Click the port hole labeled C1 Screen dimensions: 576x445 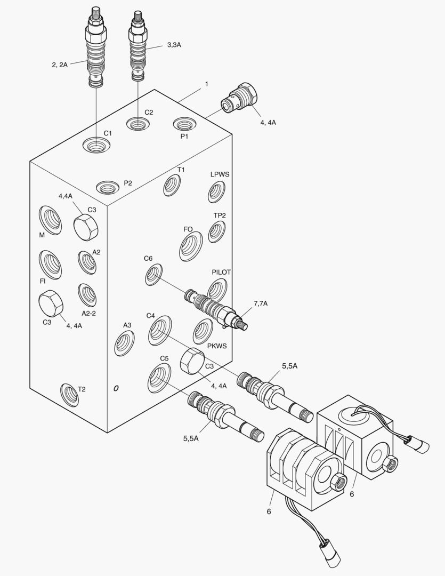click(96, 145)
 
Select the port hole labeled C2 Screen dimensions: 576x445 click(137, 124)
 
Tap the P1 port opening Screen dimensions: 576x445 click(184, 125)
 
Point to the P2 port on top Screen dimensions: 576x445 click(107, 187)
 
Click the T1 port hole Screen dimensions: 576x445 click(172, 185)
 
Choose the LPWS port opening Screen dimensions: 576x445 click(216, 191)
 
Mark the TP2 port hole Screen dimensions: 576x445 click(216, 231)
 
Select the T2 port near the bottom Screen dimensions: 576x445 click(69, 395)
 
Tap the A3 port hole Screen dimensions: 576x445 click(124, 343)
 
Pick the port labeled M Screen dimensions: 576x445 click(50, 219)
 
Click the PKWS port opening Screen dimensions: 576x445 click(203, 331)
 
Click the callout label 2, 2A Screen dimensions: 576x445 click(60, 65)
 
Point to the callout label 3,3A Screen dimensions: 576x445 click(174, 45)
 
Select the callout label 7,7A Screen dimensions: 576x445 click(261, 303)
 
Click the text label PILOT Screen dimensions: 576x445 click(221, 272)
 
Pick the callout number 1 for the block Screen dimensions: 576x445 click(206, 84)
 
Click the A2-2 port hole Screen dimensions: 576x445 click(87, 295)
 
